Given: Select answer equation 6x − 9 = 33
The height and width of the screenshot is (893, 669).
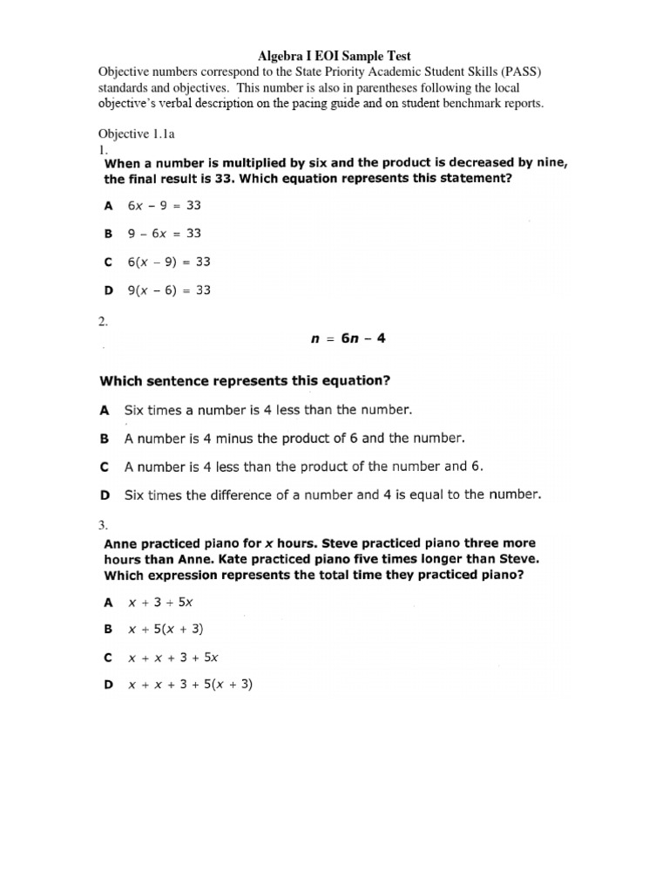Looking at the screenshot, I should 169,207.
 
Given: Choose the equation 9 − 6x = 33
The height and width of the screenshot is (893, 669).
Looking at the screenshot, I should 169,234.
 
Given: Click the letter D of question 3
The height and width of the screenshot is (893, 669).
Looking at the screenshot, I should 108,685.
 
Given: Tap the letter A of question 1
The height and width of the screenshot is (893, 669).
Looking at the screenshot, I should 108,208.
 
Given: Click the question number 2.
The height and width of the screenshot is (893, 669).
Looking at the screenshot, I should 103,322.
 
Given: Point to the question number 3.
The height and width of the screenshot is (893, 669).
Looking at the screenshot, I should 103,525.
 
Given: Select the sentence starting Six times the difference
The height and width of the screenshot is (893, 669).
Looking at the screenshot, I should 333,494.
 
